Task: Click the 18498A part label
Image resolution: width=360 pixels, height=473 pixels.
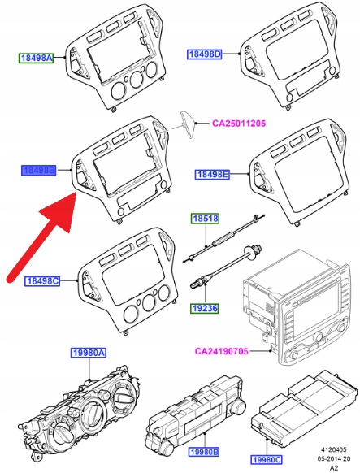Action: (37, 58)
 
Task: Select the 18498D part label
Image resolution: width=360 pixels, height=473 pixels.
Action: (205, 54)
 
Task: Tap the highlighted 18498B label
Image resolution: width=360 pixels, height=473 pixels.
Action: (38, 171)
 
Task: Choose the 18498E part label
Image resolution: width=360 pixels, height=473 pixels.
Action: (212, 175)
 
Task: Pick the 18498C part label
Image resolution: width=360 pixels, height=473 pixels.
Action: (42, 281)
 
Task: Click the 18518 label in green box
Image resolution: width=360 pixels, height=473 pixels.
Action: (205, 219)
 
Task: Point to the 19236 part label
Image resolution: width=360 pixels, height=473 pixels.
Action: (205, 308)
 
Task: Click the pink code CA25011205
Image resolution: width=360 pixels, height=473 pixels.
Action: (239, 124)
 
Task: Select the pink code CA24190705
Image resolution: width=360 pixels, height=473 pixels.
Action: (222, 351)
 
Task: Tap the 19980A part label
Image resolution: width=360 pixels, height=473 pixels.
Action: (89, 353)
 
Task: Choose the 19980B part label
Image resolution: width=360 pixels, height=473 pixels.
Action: (204, 452)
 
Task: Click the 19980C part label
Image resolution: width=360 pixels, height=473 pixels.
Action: (267, 459)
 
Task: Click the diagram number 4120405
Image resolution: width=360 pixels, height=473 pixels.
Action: (333, 449)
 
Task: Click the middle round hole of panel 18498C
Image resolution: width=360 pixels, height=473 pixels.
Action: (150, 302)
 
